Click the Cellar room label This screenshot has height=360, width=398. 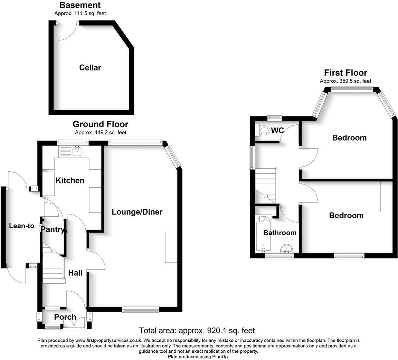pos(90,67)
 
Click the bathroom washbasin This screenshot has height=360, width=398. pos(286,249)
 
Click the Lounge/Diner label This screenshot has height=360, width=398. pos(137,212)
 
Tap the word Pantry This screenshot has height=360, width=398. pos(52,229)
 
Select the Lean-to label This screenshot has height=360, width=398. pos(22,226)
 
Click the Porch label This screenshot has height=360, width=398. pos(65,317)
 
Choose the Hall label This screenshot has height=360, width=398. pos(75,273)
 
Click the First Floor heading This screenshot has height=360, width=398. pos(345,73)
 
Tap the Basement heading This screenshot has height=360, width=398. pos(80,5)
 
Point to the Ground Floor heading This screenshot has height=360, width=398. pos(100,124)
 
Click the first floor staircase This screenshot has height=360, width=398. pos(266,185)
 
